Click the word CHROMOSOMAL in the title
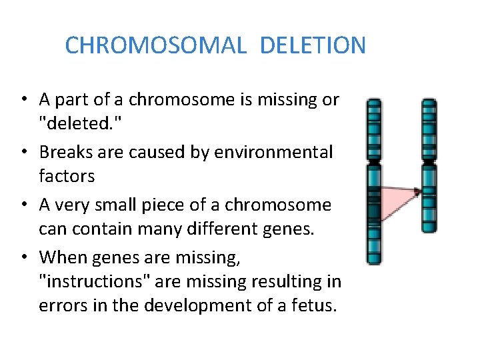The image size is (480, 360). tap(157, 45)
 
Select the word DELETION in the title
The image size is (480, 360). tap(313, 45)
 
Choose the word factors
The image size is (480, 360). tap(67, 177)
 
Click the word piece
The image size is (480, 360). tap(169, 205)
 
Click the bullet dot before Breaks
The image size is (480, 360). tap(23, 153)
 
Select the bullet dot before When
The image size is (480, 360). tap(23, 257)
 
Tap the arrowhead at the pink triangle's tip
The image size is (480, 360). tap(418, 191)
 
